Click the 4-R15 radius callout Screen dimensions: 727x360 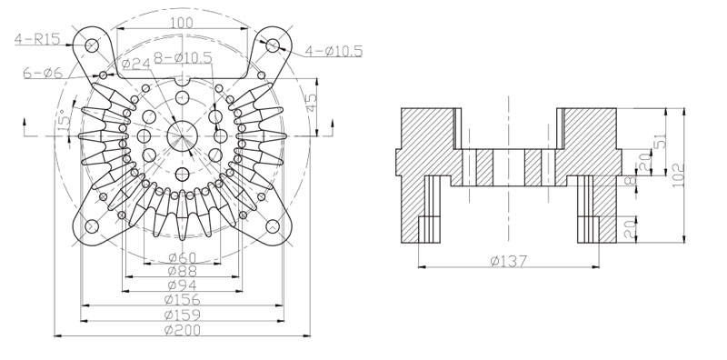(37, 38)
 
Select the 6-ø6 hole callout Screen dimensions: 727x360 (42, 73)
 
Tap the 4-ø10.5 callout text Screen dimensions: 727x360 (334, 51)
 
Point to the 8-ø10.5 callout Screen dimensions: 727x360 (183, 57)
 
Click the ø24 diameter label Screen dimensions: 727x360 (135, 64)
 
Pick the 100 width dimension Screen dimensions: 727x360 (183, 23)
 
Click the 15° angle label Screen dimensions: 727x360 (64, 119)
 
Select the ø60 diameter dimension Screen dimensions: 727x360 (183, 257)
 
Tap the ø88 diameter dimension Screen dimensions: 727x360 (183, 271)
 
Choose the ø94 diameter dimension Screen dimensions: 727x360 (183, 285)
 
